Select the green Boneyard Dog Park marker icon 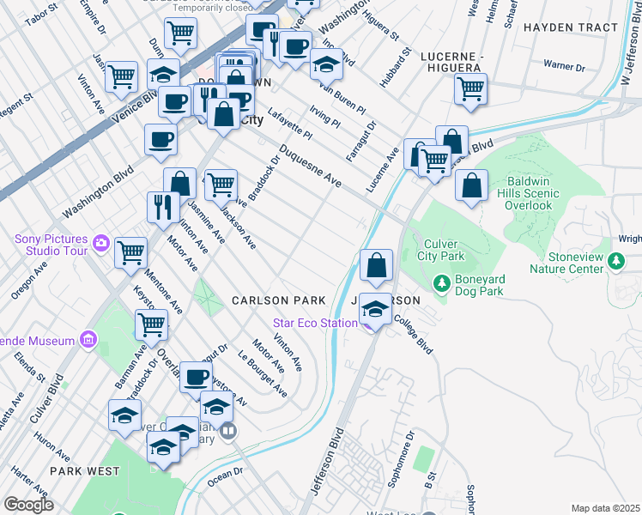441,282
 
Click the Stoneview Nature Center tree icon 615,260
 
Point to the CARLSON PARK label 279,300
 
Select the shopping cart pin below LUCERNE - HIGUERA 470,88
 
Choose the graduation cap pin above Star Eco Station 375,307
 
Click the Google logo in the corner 28,505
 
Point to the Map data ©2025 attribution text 606,508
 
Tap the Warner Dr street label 564,66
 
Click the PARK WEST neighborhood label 84,471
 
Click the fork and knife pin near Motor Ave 162,206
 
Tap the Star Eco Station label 315,323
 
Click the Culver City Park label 440,250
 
